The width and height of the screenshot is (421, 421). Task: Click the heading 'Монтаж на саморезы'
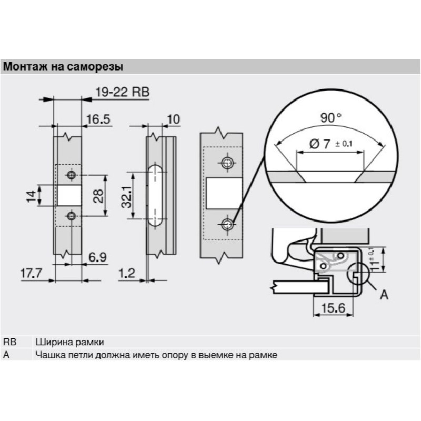pyautogui.click(x=63, y=66)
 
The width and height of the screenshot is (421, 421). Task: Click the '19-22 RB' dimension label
pyautogui.click(x=123, y=92)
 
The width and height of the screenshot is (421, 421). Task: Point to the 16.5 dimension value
pyautogui.click(x=98, y=119)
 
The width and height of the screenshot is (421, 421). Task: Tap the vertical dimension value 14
pyautogui.click(x=31, y=196)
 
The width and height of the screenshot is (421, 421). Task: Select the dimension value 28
pyautogui.click(x=98, y=196)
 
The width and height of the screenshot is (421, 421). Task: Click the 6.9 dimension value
pyautogui.click(x=97, y=257)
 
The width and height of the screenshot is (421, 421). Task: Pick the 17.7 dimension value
pyautogui.click(x=31, y=273)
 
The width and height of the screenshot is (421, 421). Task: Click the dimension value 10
pyautogui.click(x=174, y=119)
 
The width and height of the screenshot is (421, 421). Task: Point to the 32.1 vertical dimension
pyautogui.click(x=126, y=197)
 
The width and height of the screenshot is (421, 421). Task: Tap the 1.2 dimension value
pyautogui.click(x=127, y=273)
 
